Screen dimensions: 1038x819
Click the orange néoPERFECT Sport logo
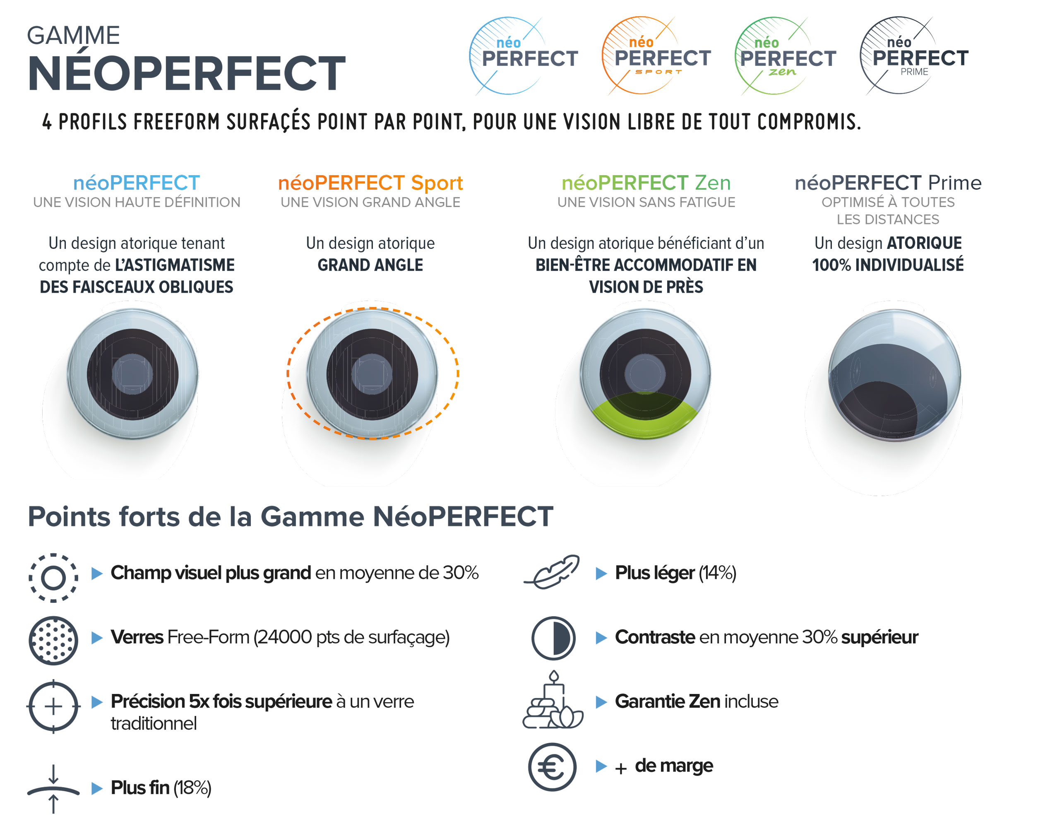pos(656,55)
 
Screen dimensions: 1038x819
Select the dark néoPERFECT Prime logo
pos(913,55)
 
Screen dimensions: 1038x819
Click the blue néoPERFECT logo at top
pos(523,55)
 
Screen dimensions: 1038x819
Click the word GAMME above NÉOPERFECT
pos(73,36)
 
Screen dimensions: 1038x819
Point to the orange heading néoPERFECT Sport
pos(370,183)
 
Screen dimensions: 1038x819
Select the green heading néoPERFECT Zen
pos(646,183)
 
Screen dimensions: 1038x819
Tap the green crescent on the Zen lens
pos(645,415)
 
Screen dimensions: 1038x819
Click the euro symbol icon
pos(553,767)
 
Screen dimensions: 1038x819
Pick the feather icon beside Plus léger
pos(552,572)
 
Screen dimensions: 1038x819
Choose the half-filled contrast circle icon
pos(553,638)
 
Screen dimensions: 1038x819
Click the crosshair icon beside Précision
pos(53,706)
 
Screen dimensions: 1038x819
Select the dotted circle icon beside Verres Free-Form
pos(53,641)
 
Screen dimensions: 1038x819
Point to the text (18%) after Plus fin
pos(192,788)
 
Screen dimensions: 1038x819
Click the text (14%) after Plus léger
pos(717,573)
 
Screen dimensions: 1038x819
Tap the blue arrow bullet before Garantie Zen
pos(601,702)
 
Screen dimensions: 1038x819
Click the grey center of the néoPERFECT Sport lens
pos(372,374)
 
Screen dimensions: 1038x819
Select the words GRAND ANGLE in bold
pos(370,265)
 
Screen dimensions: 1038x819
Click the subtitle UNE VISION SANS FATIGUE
pos(646,202)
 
